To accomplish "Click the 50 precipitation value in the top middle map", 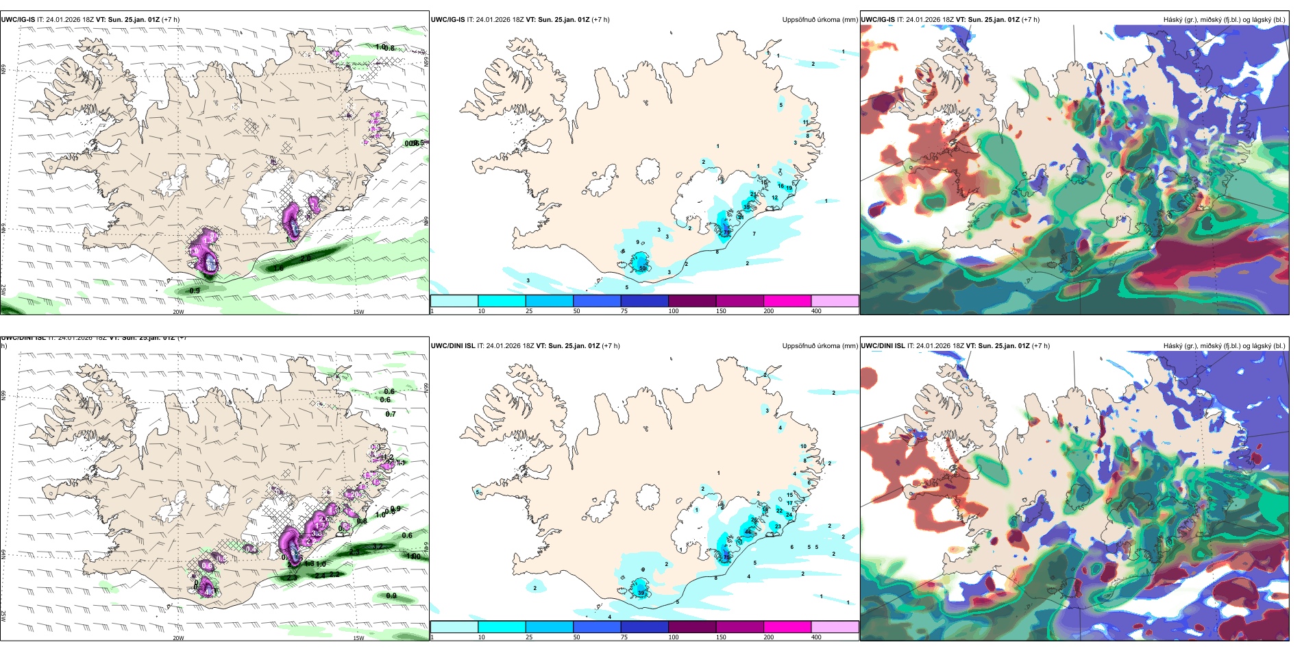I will click(x=642, y=269).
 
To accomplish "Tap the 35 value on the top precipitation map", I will click(x=746, y=207).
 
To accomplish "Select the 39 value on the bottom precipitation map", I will click(x=641, y=593).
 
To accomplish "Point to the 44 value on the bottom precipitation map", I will click(x=747, y=532).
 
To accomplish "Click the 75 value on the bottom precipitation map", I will click(x=726, y=557).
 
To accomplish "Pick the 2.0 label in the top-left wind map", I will click(x=306, y=258).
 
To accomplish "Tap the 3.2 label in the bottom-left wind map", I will click(x=378, y=546).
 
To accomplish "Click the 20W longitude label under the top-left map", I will click(x=178, y=312).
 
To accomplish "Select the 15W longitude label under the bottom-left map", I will click(x=358, y=638).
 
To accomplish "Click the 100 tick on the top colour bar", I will click(x=674, y=311).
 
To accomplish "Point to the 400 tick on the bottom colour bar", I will click(x=816, y=637).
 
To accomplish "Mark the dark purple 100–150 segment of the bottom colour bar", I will click(x=691, y=627).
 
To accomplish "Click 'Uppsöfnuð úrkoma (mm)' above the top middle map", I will click(x=820, y=20).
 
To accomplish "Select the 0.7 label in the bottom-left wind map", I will click(x=391, y=415).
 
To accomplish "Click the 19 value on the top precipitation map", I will click(x=789, y=188).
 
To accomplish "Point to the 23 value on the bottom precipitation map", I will click(x=778, y=526).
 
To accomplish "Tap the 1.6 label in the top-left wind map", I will click(x=279, y=269).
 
